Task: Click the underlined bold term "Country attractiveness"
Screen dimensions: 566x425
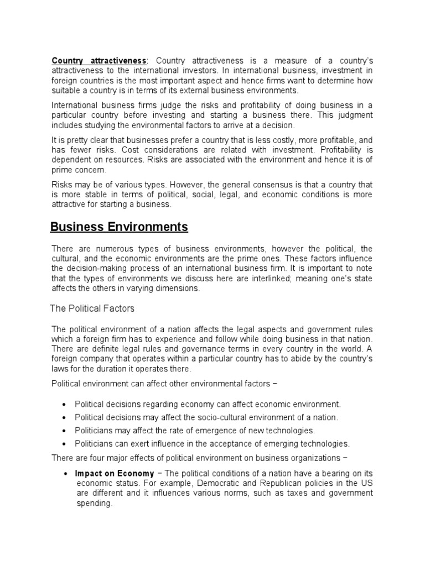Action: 99,60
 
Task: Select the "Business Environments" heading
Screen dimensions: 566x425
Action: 119,227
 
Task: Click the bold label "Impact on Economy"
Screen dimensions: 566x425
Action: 115,474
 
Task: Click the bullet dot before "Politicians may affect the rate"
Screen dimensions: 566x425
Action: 66,431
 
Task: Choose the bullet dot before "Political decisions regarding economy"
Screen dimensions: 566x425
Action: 66,405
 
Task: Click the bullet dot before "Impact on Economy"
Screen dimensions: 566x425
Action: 66,474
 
